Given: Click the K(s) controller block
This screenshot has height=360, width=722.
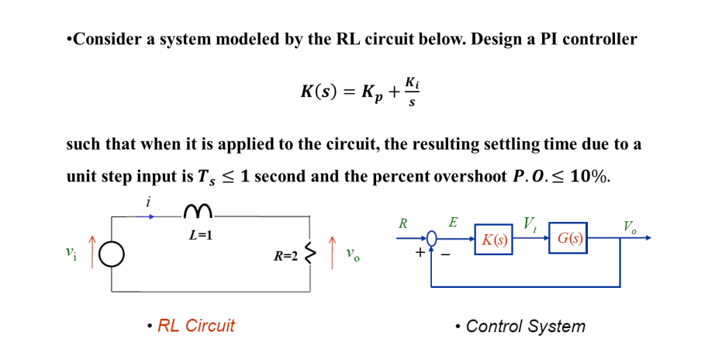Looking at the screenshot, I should pyautogui.click(x=493, y=240).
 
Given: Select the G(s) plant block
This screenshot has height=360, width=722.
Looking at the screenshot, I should pyautogui.click(x=568, y=238).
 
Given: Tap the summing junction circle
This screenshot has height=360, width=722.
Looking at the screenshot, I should pyautogui.click(x=432, y=238).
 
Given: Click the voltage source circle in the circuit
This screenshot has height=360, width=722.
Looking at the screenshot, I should pyautogui.click(x=112, y=254).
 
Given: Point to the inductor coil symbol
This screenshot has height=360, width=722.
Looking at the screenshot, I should pyautogui.click(x=198, y=211).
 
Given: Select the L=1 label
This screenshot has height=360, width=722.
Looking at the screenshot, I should pyautogui.click(x=200, y=235).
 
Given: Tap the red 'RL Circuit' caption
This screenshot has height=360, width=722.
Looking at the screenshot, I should pyautogui.click(x=195, y=326).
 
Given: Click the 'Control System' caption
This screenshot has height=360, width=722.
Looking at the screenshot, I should pyautogui.click(x=525, y=327).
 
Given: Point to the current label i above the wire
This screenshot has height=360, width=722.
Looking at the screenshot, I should pyautogui.click(x=147, y=202).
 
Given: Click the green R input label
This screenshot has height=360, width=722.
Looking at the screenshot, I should pyautogui.click(x=402, y=223).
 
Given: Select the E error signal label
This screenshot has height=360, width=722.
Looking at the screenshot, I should pyautogui.click(x=453, y=223).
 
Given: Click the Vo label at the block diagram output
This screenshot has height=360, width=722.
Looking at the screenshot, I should pyautogui.click(x=630, y=227).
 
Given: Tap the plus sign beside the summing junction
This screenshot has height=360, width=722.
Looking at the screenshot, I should pyautogui.click(x=420, y=252).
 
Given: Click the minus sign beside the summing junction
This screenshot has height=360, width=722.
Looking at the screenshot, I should pyautogui.click(x=446, y=253).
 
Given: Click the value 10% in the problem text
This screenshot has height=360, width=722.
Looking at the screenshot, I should pyautogui.click(x=589, y=176).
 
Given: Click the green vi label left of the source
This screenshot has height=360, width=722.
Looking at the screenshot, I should pyautogui.click(x=71, y=252).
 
